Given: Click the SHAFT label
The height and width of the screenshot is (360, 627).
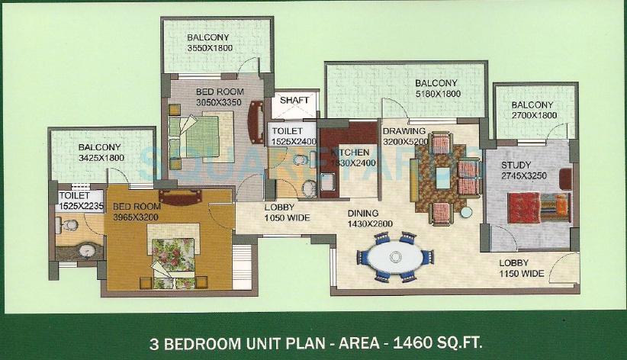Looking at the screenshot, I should (x=294, y=100).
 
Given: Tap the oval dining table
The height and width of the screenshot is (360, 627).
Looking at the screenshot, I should (x=394, y=256).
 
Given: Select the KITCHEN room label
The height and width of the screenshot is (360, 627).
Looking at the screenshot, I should (x=349, y=153).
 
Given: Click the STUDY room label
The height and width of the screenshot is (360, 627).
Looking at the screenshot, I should (x=517, y=165).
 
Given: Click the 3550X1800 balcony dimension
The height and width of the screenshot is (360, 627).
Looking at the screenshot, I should (x=209, y=48).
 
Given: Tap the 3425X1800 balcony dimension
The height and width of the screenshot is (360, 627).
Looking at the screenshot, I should (x=100, y=158).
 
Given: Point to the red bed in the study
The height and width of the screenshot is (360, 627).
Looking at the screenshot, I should (x=539, y=207).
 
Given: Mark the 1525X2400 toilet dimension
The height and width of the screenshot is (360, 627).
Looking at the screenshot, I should (x=294, y=142).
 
